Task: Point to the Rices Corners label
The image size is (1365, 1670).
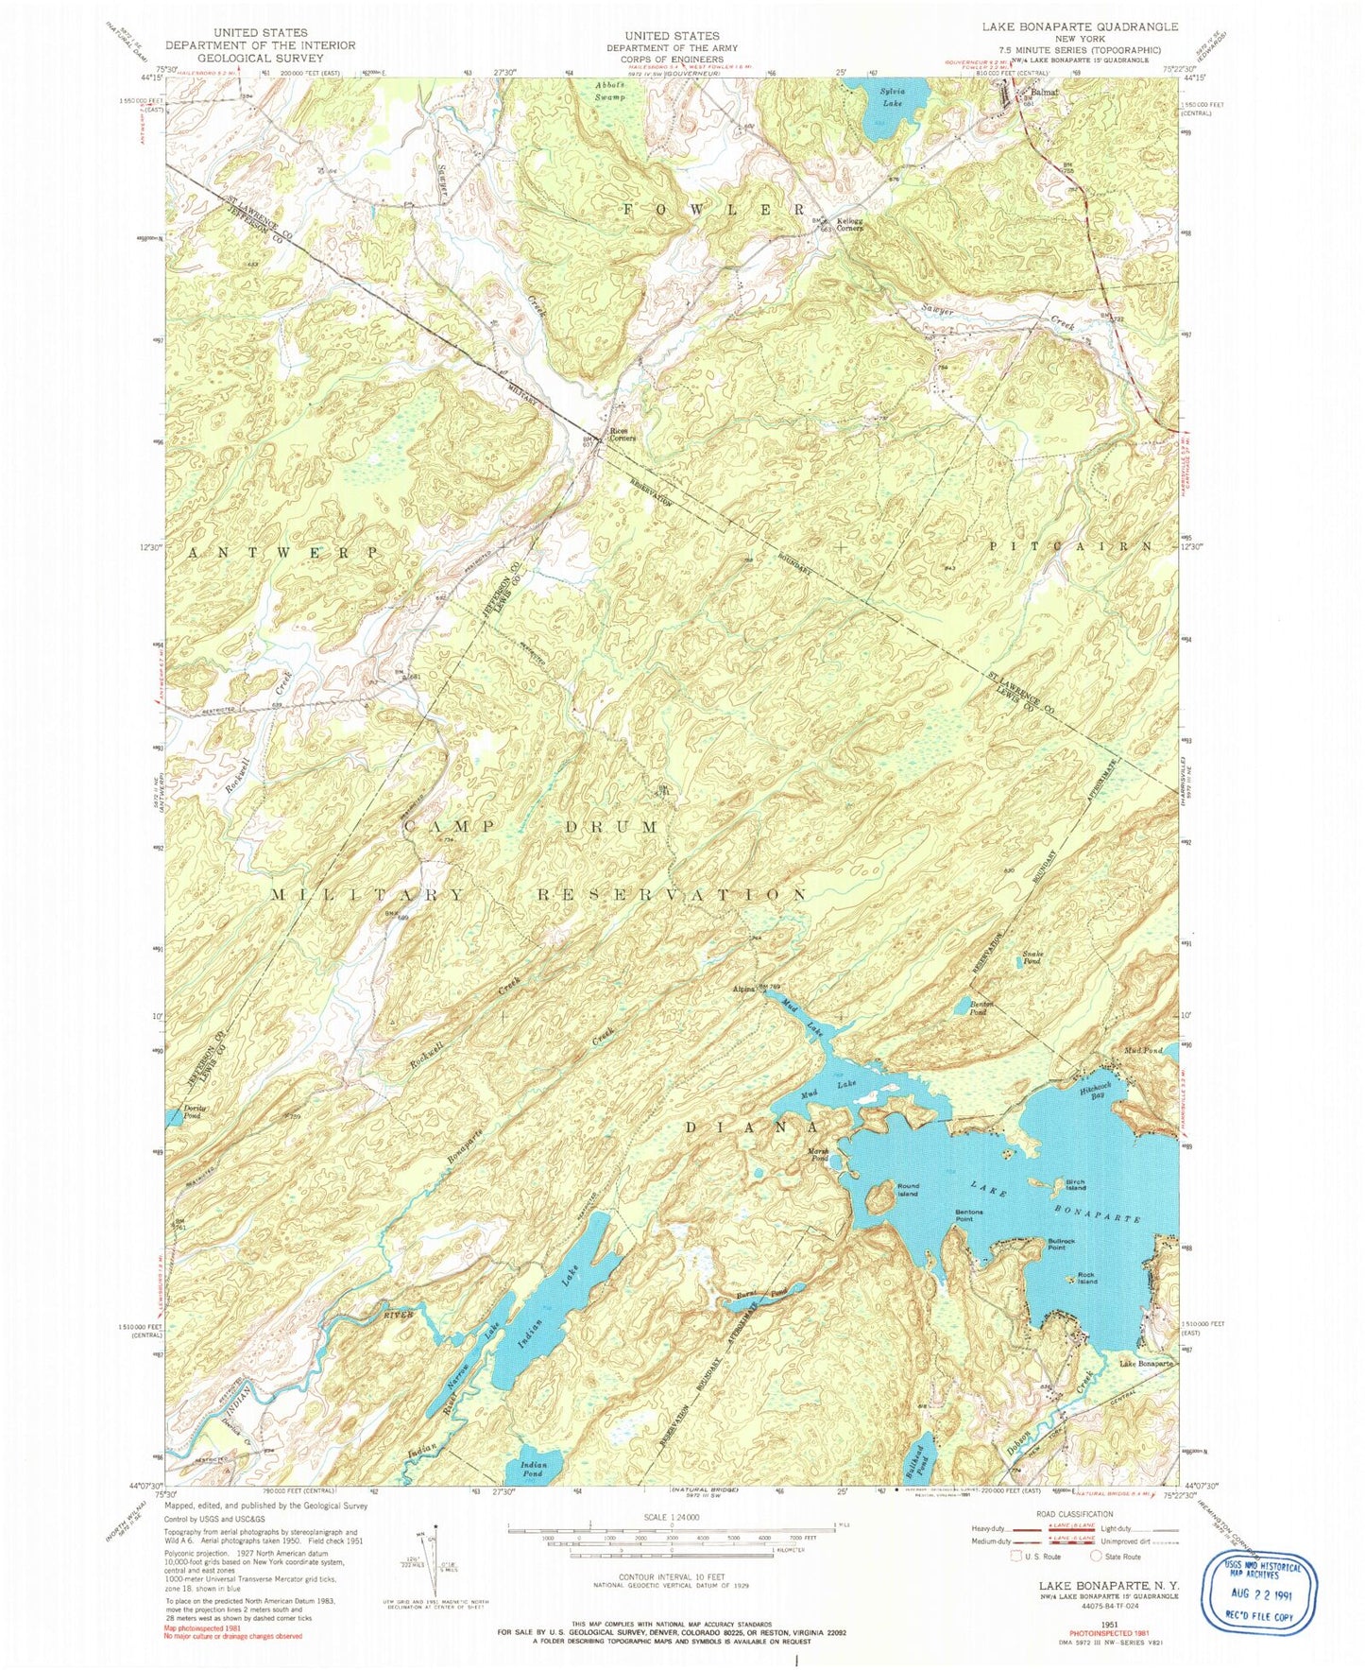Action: click(x=623, y=435)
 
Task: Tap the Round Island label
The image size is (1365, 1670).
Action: click(x=906, y=1190)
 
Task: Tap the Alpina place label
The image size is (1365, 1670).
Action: click(x=744, y=990)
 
